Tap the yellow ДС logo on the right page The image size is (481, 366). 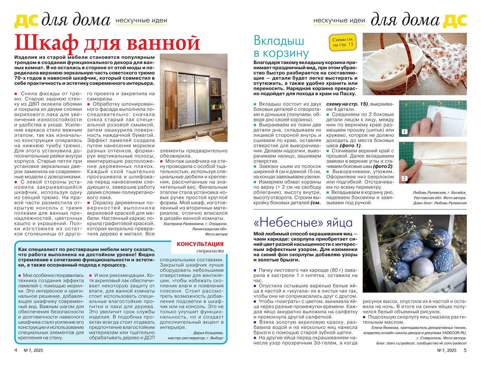[x=454, y=20]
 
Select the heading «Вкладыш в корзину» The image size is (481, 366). [x=281, y=46]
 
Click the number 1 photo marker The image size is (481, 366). [x=404, y=132]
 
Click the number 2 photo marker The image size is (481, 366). [x=404, y=178]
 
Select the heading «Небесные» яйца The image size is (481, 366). [x=303, y=222]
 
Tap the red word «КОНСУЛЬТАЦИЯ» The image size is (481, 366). [x=200, y=244]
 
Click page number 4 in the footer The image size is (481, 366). [x=16, y=350]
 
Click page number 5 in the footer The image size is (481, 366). [x=465, y=350]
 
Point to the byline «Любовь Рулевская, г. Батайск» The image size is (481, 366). [x=439, y=193]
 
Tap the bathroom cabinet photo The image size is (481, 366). [x=193, y=98]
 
